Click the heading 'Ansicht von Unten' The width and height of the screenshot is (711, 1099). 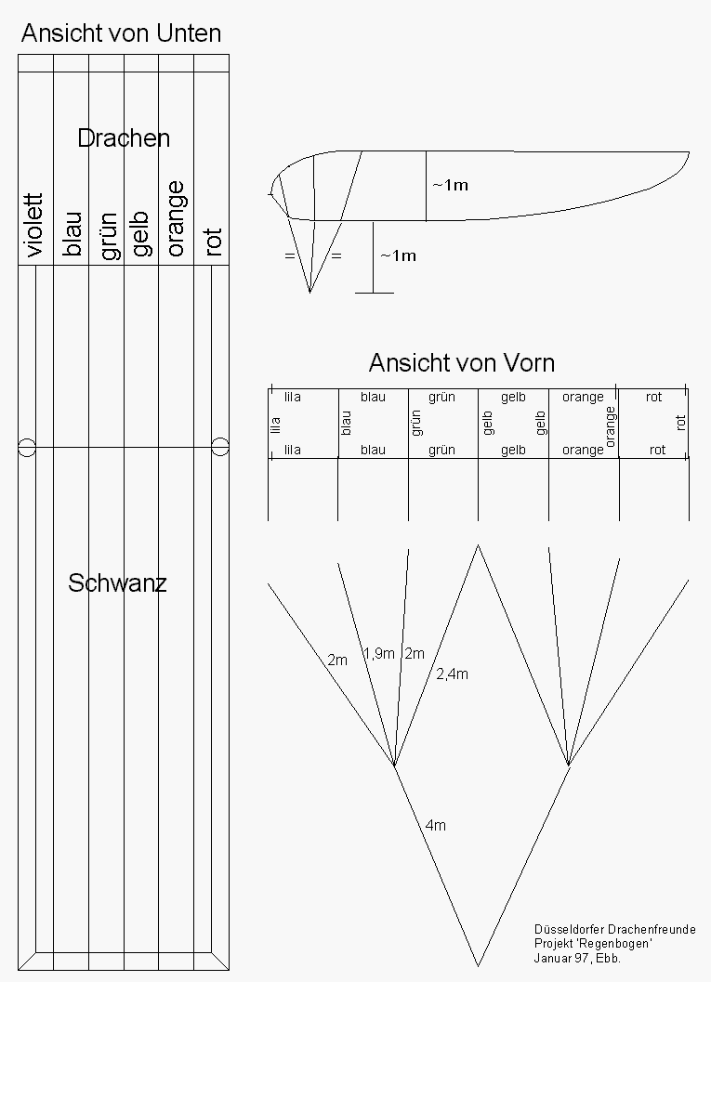point(121,33)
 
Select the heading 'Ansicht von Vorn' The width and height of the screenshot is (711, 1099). point(461,362)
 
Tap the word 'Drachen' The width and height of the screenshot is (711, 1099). point(124,138)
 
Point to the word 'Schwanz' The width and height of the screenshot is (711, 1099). point(117,583)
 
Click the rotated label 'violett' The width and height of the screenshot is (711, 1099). point(34,225)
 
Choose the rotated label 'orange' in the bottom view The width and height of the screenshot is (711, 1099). point(176,218)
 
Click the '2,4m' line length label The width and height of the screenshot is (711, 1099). point(452,674)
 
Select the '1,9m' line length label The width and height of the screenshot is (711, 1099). point(378,653)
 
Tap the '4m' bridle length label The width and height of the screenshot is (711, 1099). point(435,825)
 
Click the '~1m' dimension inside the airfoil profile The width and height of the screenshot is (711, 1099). point(450,185)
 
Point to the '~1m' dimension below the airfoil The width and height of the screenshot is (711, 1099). point(398,255)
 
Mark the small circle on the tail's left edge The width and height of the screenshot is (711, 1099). point(27,448)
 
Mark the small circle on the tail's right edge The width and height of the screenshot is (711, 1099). point(220,448)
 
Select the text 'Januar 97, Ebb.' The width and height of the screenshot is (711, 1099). point(576,958)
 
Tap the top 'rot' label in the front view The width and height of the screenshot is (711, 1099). point(654,397)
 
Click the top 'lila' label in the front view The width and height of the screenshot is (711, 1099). point(293,397)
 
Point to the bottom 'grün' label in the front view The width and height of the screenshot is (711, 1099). point(441,450)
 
